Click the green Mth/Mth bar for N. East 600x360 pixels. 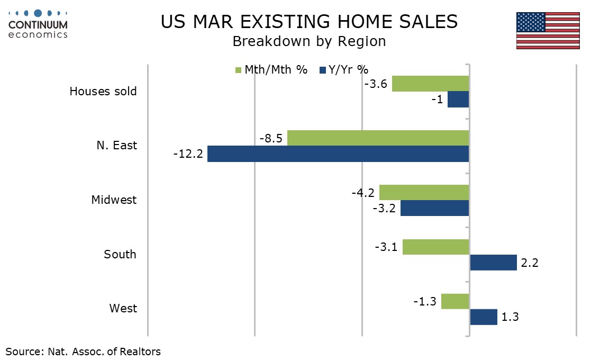[x=378, y=138]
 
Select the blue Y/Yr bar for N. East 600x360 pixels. [x=338, y=154]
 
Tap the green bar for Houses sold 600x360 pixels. [x=430, y=84]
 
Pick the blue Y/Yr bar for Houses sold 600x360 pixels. [x=458, y=100]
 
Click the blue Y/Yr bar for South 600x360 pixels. [x=493, y=263]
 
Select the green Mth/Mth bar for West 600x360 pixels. [x=455, y=301]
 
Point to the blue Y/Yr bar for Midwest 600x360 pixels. [x=434, y=208]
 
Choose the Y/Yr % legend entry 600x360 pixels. [x=344, y=69]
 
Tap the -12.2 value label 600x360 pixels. [x=188, y=155]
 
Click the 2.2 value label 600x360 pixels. [x=529, y=263]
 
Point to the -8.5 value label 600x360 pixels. [x=271, y=139]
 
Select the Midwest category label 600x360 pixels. [x=114, y=200]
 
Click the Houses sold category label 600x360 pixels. [x=103, y=91]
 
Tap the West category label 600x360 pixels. [x=123, y=308]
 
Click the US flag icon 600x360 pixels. [x=548, y=31]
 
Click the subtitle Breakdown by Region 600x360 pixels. [x=309, y=41]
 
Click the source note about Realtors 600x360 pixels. [x=83, y=351]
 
